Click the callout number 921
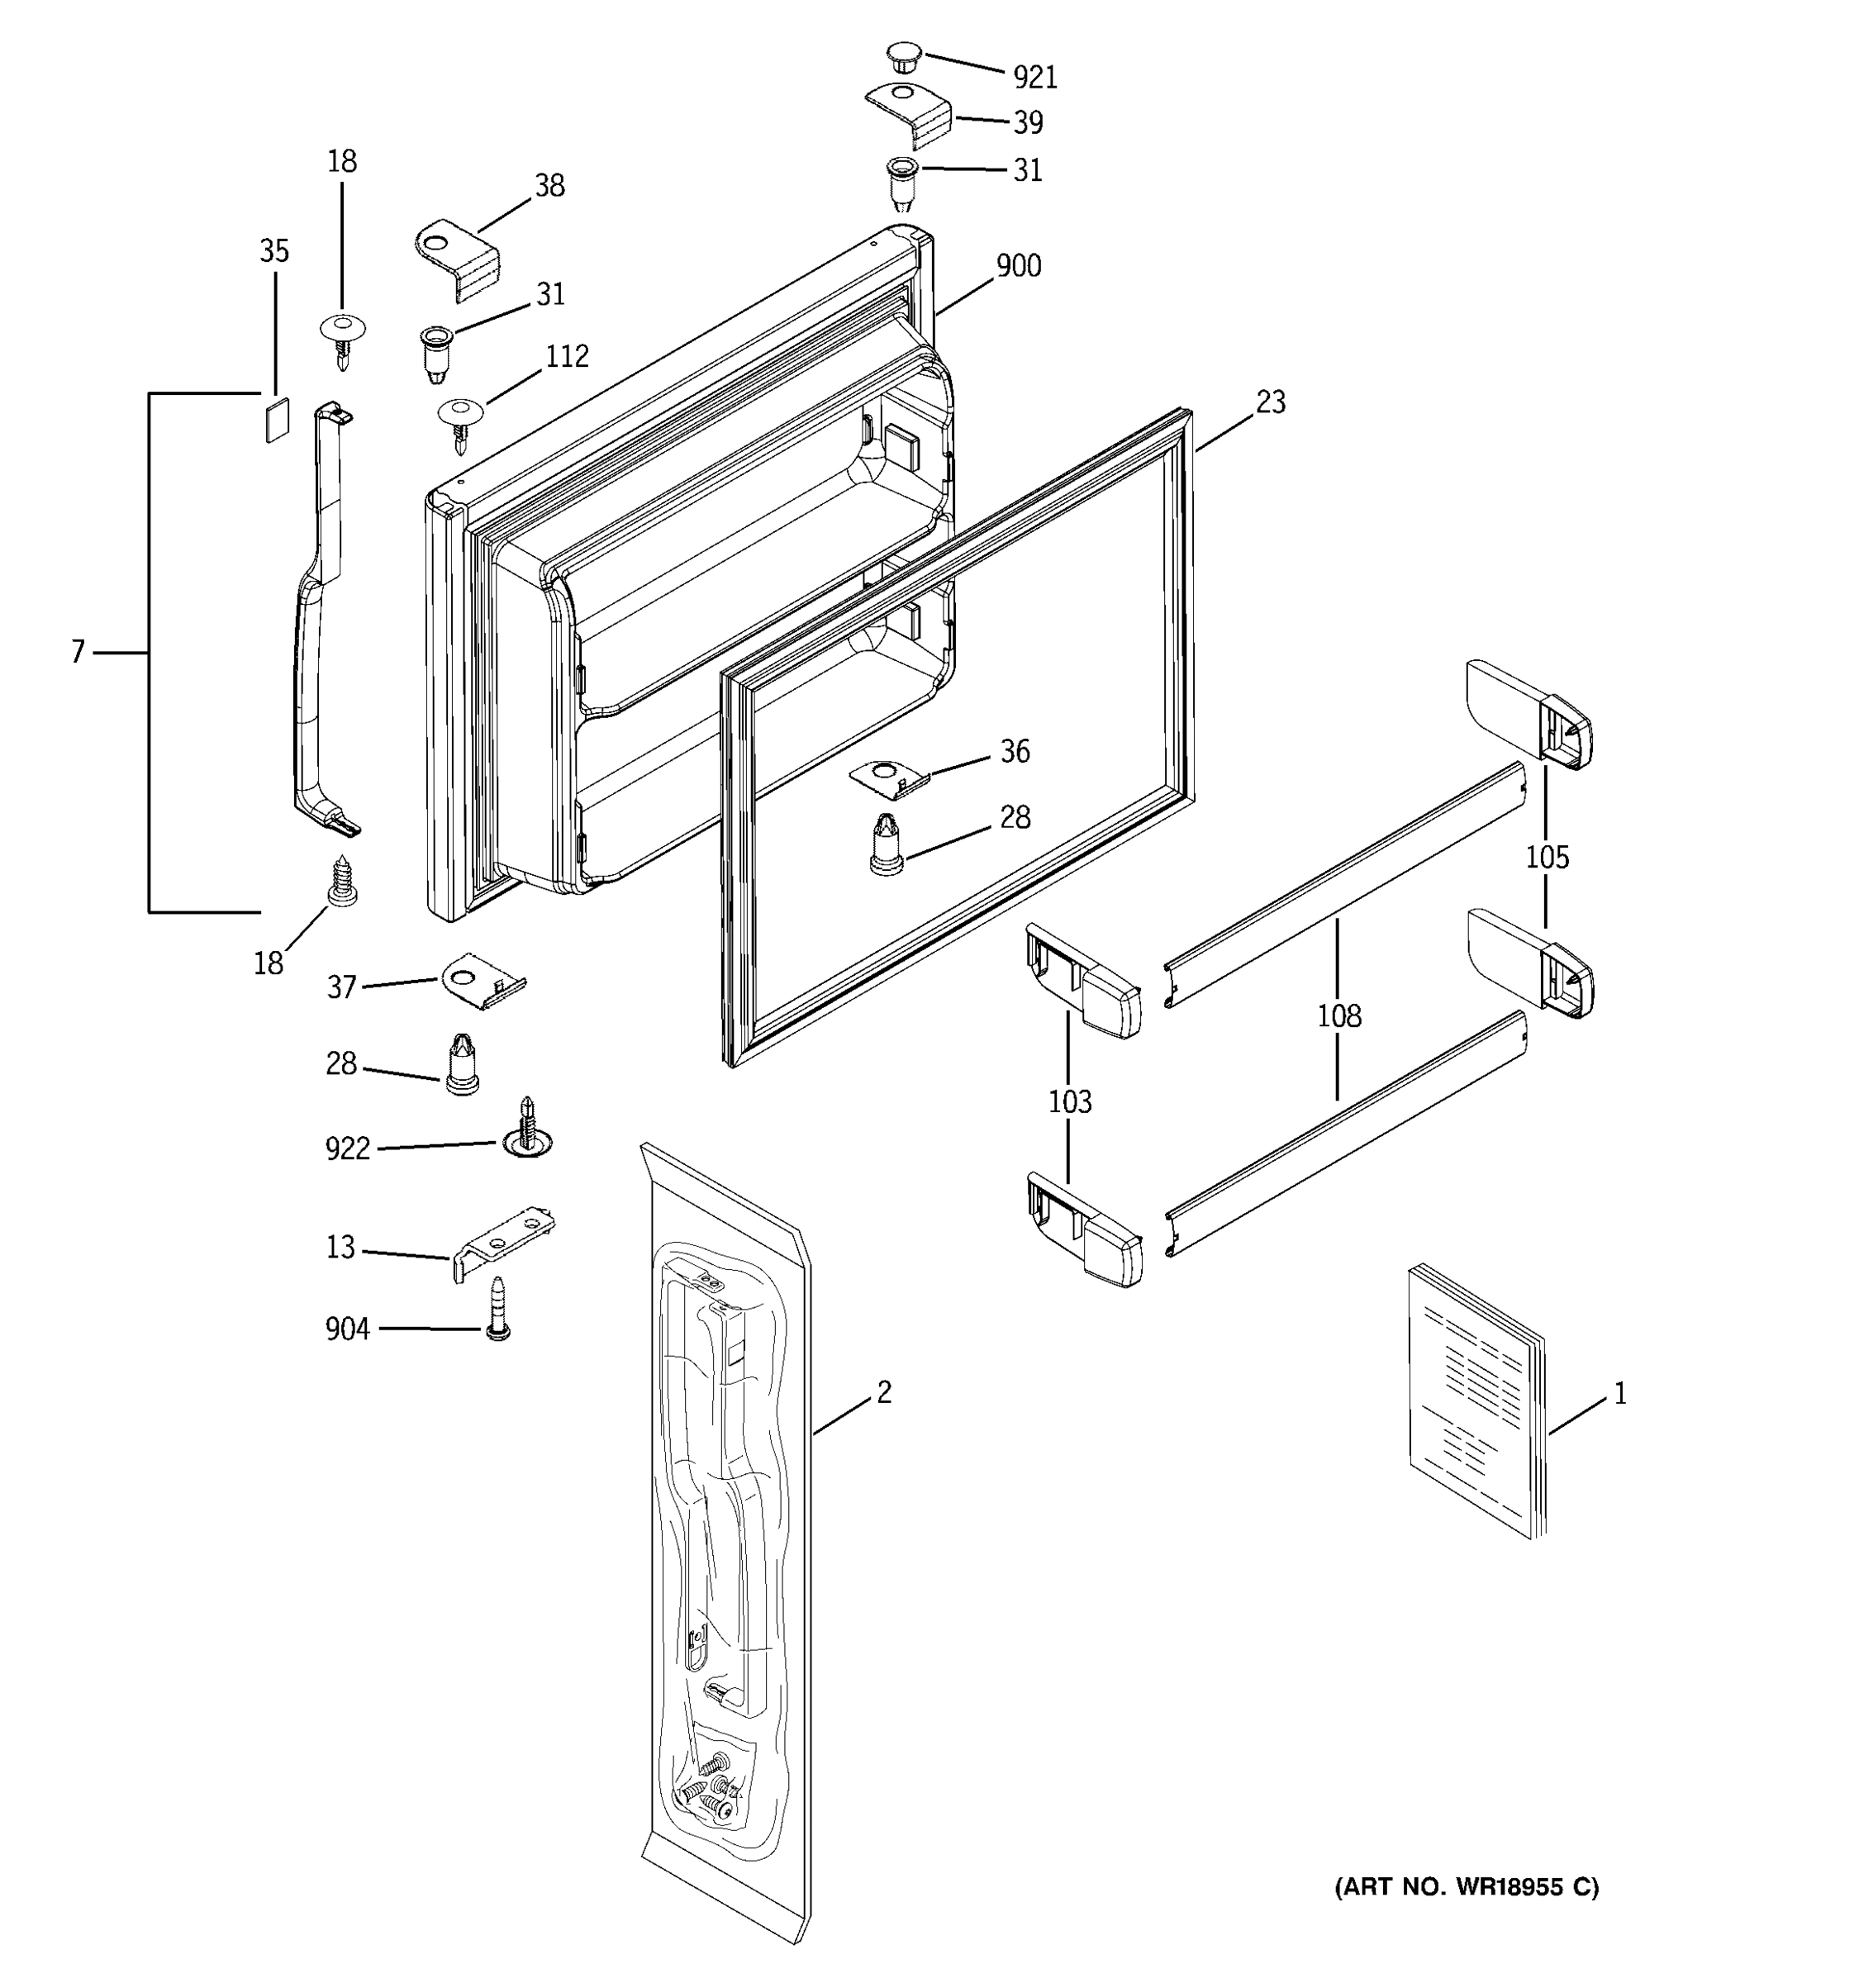tap(1034, 77)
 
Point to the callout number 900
tap(1018, 265)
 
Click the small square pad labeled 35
tap(276, 419)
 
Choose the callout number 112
tap(567, 356)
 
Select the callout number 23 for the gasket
tap(1270, 402)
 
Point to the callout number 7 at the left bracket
tap(78, 653)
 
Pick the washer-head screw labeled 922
tap(528, 1130)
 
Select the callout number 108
tap(1338, 1015)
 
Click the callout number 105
tap(1546, 857)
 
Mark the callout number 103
tap(1069, 1101)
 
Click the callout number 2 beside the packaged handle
tap(883, 1391)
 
